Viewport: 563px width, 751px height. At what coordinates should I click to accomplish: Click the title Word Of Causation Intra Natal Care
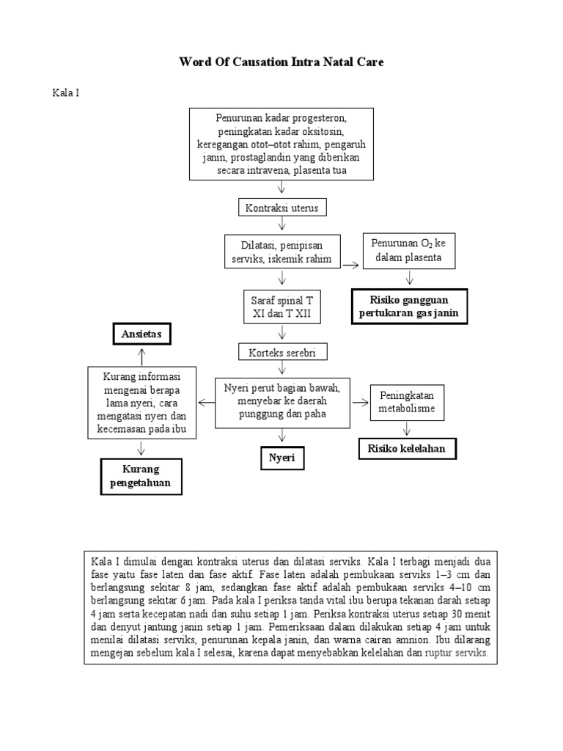(281, 62)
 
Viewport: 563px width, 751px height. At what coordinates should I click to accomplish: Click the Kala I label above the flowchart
(65, 94)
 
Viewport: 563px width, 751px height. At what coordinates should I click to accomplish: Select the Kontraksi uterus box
(281, 208)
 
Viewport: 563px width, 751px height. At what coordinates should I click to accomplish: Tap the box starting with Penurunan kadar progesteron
(281, 144)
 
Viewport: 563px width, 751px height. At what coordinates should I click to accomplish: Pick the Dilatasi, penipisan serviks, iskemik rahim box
(281, 252)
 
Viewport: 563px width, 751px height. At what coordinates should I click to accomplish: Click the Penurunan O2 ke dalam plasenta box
(409, 251)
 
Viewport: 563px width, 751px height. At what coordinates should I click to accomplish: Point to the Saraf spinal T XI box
(281, 307)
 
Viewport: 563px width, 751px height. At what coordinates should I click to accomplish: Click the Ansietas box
(141, 334)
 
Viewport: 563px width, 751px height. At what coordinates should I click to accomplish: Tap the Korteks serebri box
(281, 352)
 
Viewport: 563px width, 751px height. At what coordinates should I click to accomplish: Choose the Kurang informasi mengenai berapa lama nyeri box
(142, 403)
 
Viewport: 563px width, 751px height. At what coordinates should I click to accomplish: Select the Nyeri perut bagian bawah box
(281, 402)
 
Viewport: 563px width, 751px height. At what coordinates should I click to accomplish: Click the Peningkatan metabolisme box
(407, 402)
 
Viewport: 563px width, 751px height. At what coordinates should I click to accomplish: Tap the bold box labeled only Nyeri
(281, 458)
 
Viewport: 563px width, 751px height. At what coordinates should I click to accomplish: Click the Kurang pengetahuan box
(141, 475)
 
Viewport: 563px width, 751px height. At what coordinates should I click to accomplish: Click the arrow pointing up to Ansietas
(141, 356)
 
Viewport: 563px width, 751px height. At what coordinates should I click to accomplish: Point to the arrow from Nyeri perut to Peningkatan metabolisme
(359, 402)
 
